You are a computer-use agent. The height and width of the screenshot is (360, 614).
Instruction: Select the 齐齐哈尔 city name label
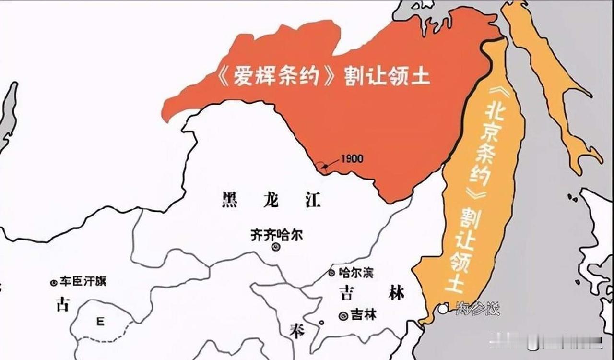click(277, 235)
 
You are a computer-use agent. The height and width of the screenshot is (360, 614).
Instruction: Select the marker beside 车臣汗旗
click(54, 282)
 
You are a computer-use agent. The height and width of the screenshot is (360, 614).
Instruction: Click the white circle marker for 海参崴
click(442, 307)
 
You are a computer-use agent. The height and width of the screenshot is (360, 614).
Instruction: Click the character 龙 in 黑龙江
click(272, 199)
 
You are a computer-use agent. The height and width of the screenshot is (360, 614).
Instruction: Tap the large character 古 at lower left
click(63, 304)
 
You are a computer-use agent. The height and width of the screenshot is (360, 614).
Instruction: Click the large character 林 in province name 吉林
click(396, 292)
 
